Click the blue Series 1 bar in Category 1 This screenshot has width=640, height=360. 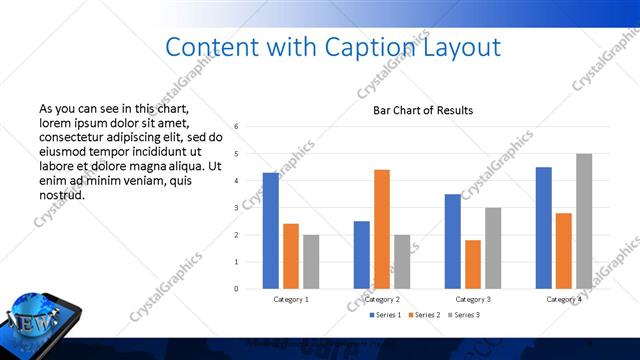[271, 231]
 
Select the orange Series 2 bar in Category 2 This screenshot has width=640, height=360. [382, 229]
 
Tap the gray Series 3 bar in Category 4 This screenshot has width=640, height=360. [584, 221]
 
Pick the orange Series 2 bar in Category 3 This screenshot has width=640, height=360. [473, 264]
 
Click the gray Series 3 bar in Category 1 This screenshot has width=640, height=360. [311, 262]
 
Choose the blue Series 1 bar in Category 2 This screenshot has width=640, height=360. [362, 255]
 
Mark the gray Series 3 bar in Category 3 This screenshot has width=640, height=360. [493, 248]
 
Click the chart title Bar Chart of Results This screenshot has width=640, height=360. [423, 110]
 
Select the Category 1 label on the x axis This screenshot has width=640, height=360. [291, 299]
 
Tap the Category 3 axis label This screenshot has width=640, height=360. [473, 299]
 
